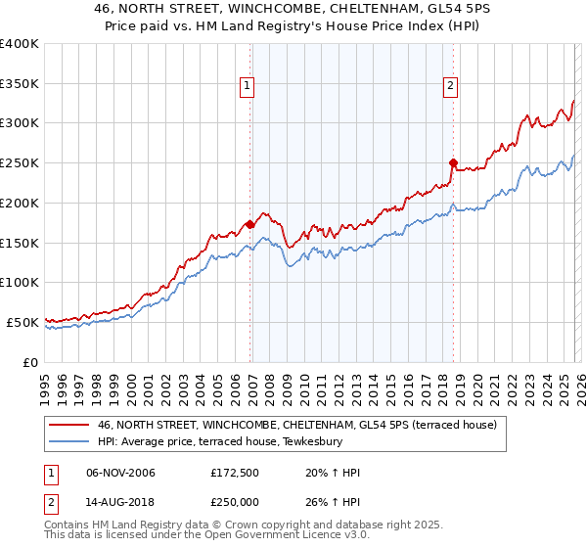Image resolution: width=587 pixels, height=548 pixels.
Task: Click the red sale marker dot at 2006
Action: point(249,224)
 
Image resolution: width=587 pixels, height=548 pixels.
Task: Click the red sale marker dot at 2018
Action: point(453,162)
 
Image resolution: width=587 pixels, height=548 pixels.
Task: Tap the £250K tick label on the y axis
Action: point(20,163)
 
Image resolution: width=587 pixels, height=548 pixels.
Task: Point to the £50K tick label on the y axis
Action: point(23,322)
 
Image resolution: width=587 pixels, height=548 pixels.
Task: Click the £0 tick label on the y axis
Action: point(31,362)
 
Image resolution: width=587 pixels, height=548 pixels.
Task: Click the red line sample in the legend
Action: point(69,425)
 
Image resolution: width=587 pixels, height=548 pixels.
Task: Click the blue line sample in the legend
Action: point(69,441)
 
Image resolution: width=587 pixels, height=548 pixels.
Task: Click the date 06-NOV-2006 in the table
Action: point(120,473)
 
